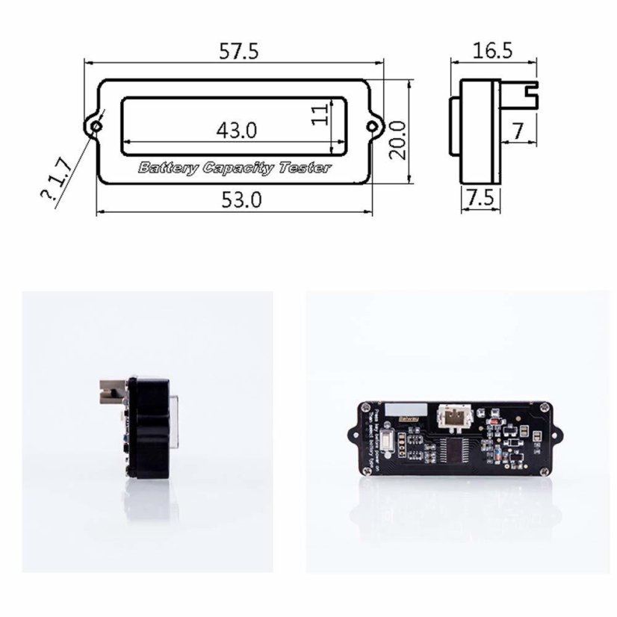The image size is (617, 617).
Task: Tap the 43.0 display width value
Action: (x=237, y=130)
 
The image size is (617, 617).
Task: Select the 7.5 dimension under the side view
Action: (x=479, y=199)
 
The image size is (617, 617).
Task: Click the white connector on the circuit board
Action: (x=455, y=418)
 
